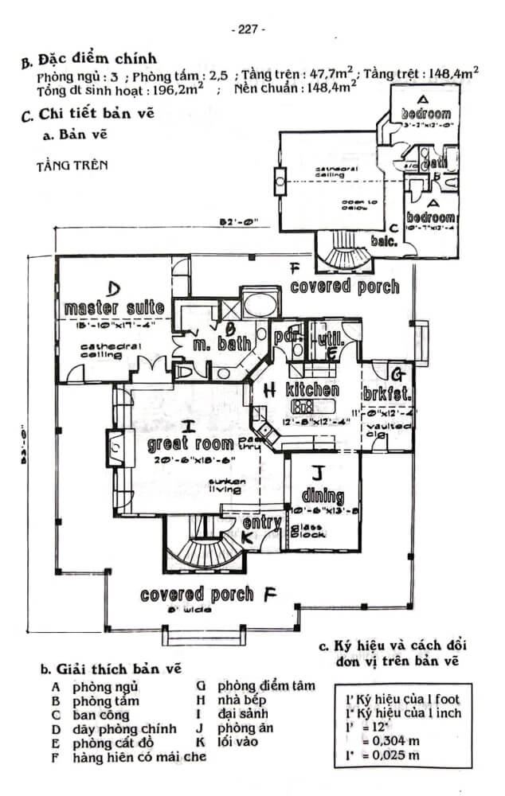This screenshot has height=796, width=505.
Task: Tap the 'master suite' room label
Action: (114, 308)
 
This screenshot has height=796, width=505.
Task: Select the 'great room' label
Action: (190, 444)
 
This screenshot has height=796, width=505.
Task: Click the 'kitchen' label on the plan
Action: (312, 391)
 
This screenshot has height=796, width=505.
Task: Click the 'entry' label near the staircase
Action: (262, 523)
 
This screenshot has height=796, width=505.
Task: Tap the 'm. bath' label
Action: (223, 343)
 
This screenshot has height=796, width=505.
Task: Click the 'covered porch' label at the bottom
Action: (197, 595)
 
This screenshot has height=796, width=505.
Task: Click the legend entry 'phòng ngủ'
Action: (105, 686)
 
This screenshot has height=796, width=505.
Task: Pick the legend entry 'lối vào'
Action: (237, 743)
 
